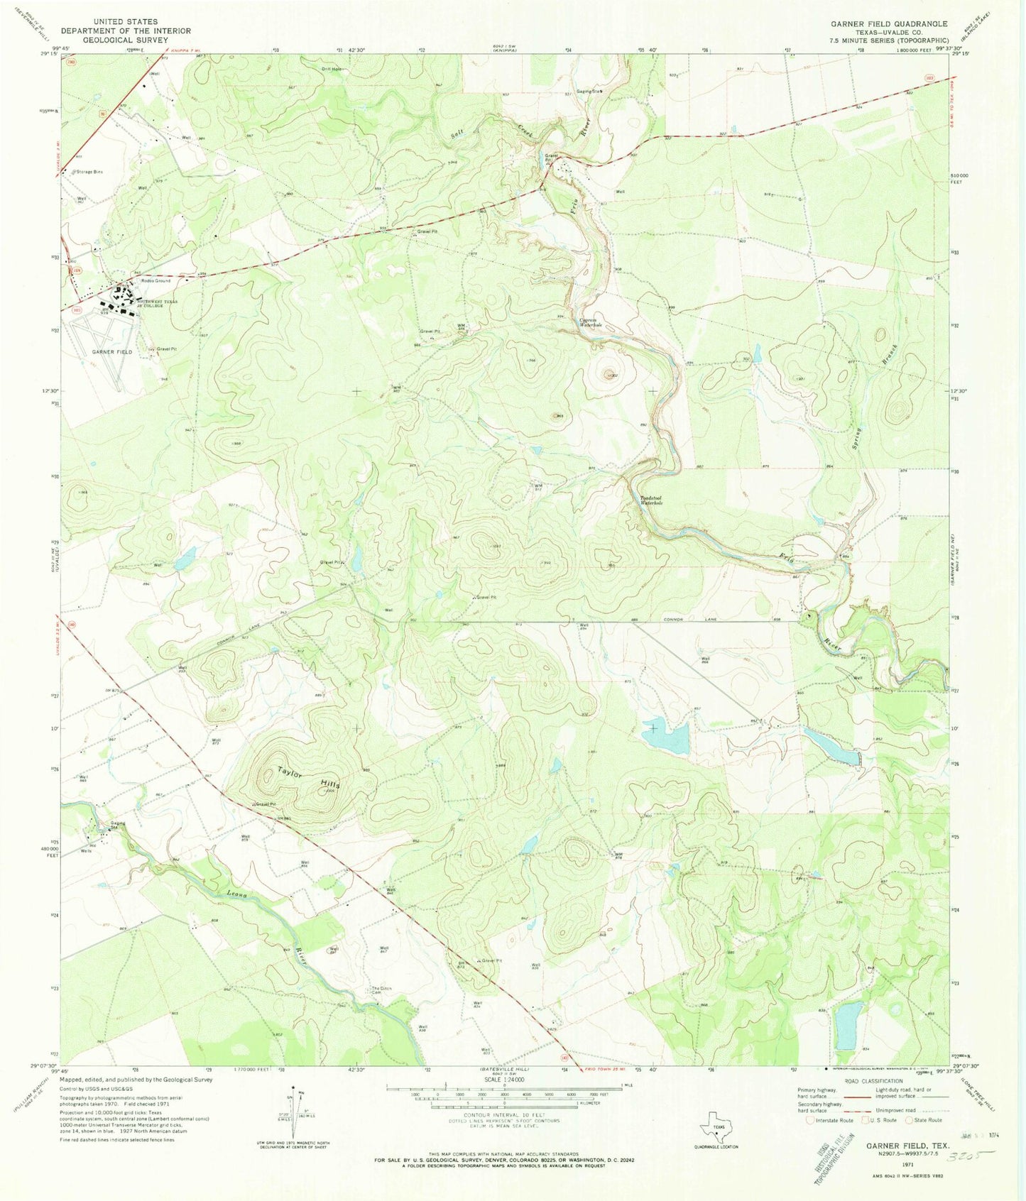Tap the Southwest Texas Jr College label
[158, 303]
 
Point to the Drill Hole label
[331, 69]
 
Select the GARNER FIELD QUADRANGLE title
[890, 23]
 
